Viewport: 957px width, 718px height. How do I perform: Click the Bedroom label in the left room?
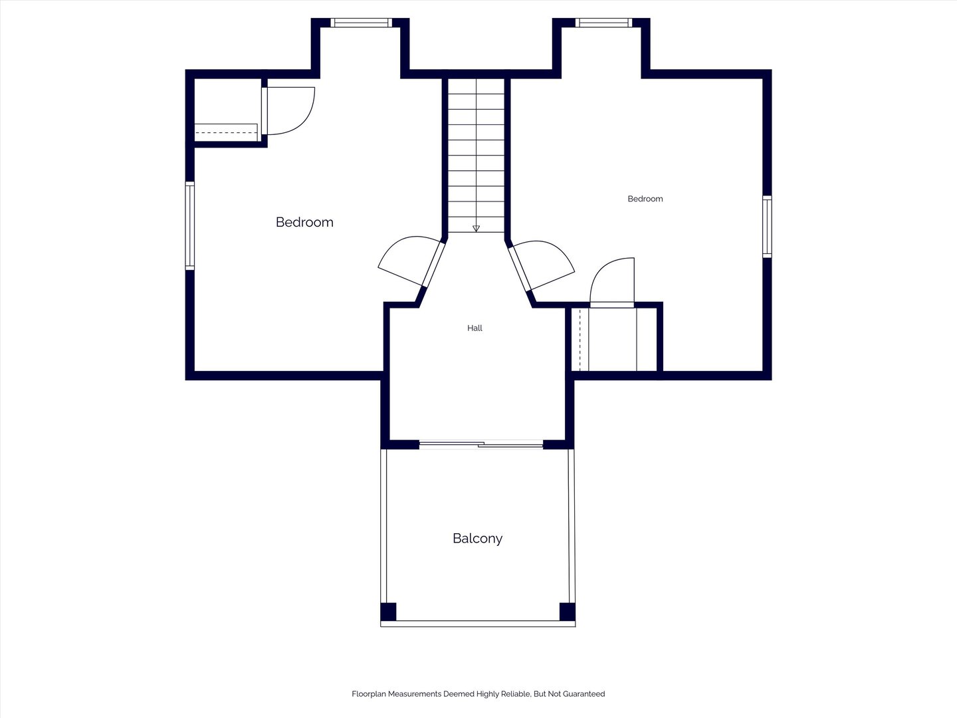click(304, 222)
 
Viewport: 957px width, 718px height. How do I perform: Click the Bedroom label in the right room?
click(645, 199)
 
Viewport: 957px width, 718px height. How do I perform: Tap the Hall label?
click(475, 328)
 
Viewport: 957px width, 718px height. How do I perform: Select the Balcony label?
click(477, 538)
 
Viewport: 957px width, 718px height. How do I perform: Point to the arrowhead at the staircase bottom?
click(476, 229)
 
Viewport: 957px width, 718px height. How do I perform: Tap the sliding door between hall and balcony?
click(481, 445)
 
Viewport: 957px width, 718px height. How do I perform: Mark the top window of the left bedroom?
click(361, 23)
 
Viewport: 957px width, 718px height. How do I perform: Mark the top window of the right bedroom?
click(603, 23)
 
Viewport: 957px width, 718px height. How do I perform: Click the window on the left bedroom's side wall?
click(189, 226)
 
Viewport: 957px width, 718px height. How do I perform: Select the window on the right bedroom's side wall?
click(767, 227)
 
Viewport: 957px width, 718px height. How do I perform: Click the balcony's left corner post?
click(388, 612)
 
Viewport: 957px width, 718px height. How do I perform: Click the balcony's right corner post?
click(568, 612)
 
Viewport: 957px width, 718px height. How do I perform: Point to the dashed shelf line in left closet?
click(226, 132)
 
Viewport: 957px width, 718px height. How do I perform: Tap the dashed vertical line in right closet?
click(580, 339)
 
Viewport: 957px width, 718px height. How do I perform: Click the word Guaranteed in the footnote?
click(584, 693)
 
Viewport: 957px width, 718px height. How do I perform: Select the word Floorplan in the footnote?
click(370, 694)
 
